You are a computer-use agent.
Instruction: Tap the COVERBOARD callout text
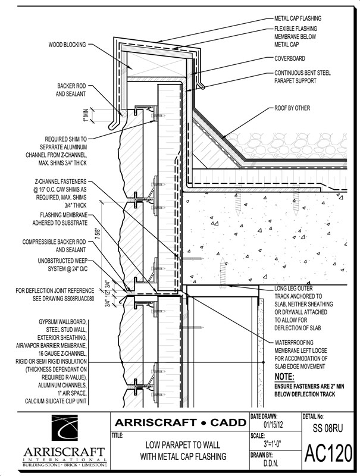(x=291, y=59)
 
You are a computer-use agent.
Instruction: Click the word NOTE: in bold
(x=286, y=377)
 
